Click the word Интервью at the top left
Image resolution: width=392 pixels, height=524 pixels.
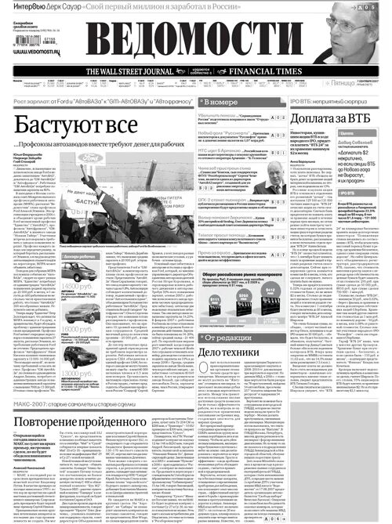click(x=17, y=4)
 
